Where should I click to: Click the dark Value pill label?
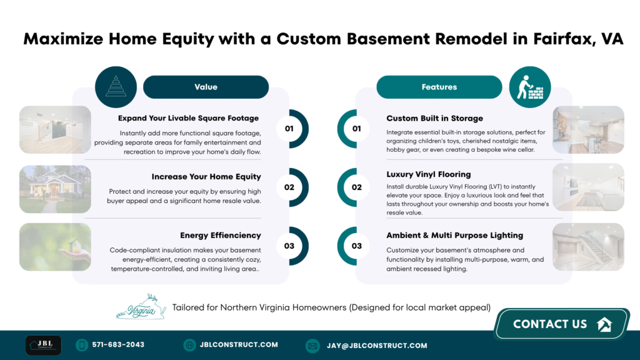tap(206, 87)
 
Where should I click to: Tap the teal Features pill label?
tap(439, 87)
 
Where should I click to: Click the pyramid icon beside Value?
tap(116, 87)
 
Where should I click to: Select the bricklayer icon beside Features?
tap(530, 87)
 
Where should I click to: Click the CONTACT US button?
tap(562, 324)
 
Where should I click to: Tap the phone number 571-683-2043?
tap(118, 345)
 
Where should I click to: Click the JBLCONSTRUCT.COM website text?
tap(239, 345)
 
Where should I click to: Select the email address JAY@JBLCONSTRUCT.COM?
tap(377, 346)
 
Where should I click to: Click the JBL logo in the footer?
tap(43, 345)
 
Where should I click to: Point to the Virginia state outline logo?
tap(141, 307)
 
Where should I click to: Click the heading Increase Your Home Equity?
tap(206, 177)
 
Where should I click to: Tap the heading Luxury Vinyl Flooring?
tap(429, 174)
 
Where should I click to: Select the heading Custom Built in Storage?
tap(435, 118)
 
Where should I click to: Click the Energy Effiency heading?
tap(221, 236)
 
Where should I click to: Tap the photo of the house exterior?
tap(55, 189)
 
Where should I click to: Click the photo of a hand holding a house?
tap(55, 247)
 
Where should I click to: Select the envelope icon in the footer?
tap(312, 346)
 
